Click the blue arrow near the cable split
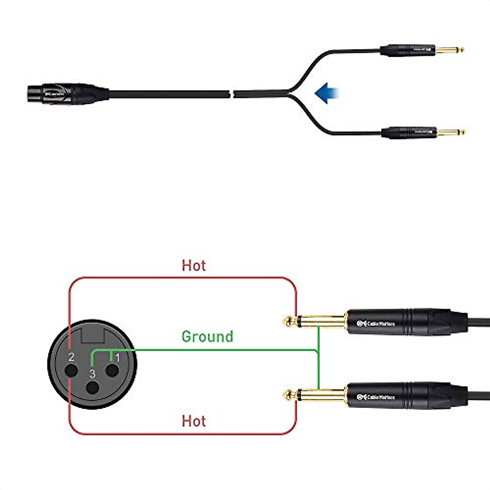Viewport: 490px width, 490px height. [327, 93]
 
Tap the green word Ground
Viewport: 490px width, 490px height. [207, 337]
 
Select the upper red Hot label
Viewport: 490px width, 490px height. [194, 265]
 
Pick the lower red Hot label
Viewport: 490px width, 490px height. [194, 421]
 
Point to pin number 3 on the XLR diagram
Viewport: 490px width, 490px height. [92, 374]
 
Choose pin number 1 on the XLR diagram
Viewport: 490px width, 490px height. [118, 358]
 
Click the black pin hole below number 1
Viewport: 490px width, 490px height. [112, 371]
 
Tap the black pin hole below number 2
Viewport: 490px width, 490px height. [71, 371]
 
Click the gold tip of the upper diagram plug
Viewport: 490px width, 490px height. [288, 321]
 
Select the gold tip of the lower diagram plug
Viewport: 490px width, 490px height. [288, 394]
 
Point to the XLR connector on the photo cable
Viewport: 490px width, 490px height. [67, 94]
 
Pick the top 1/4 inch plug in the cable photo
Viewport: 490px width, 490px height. [421, 50]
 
